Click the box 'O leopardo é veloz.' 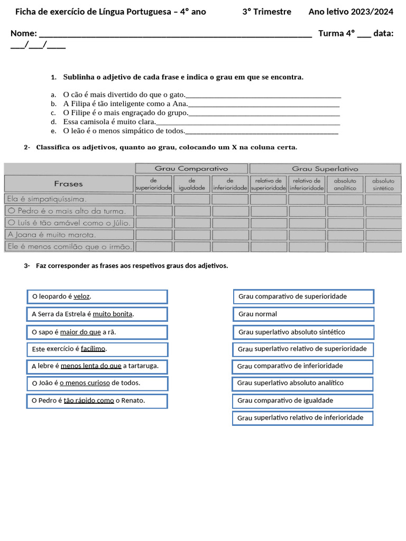point(97,297)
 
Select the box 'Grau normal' point(303,314)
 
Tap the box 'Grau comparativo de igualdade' point(303,400)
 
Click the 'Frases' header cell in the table point(69,184)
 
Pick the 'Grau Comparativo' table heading point(191,169)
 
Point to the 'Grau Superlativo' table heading point(325,169)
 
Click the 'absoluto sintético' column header point(383,184)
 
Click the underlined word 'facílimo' point(93,349)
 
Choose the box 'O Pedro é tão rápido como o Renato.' point(97,401)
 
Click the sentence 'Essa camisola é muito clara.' point(109,122)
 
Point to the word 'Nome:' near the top point(24,34)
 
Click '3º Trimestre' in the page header point(266,12)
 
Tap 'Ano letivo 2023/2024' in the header point(350,12)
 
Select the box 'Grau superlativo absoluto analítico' point(303,383)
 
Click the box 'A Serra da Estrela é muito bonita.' point(97,314)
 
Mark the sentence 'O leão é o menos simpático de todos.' point(124,130)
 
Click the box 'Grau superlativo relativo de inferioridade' point(303,418)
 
